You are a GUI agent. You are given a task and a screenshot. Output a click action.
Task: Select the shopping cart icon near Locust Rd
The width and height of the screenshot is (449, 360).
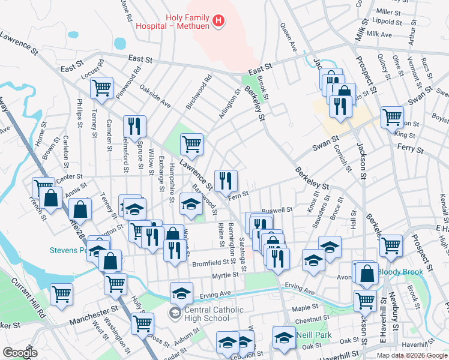pos(102,88)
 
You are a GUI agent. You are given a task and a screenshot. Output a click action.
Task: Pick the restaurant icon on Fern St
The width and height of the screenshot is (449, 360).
pos(226,180)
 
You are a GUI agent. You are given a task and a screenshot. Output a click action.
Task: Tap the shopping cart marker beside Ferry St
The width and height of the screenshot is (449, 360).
pos(393,117)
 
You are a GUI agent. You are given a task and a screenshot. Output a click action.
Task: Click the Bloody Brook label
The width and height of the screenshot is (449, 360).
pos(401,272)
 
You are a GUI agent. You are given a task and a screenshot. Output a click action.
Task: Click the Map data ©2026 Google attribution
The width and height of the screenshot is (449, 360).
pos(412,355)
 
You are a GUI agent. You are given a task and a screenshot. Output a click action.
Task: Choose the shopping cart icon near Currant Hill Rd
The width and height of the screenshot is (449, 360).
pos(62,294)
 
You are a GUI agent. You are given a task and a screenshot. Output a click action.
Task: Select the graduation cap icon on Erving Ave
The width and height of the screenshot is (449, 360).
pos(181,292)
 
